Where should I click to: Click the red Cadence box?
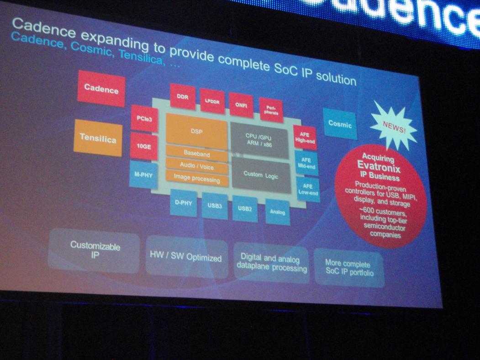pos(101,89)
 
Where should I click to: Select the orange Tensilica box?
pos(98,138)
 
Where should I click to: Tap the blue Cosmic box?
pos(340,124)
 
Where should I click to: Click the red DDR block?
pos(183,96)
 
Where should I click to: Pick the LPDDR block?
pos(212,101)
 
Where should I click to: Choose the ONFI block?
pos(241,105)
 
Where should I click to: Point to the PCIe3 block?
pos(144,118)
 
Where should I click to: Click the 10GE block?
pos(143,146)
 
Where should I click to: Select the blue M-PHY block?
pos(143,175)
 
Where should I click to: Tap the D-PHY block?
pos(184,203)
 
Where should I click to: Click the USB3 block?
pos(215,206)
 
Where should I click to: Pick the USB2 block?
pos(245,209)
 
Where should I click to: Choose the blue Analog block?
pos(277,212)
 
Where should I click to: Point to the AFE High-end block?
pos(305,138)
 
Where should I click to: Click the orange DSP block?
pos(196,131)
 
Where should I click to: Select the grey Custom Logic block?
pos(261,175)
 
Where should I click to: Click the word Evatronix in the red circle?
pos(379,167)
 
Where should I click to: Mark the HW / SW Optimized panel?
pos(186,257)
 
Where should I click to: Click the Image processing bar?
pos(197,179)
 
